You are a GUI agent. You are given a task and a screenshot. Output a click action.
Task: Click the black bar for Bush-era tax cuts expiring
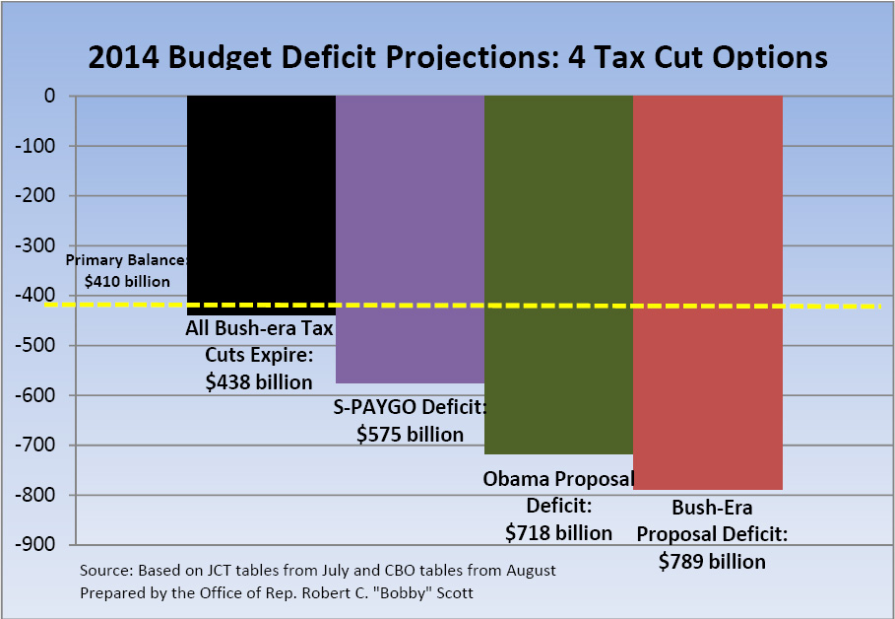point(261,197)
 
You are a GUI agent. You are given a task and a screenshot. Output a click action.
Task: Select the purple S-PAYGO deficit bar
point(410,237)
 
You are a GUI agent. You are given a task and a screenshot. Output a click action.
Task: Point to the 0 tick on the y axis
point(47,97)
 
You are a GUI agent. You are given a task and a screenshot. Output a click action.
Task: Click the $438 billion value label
point(259,382)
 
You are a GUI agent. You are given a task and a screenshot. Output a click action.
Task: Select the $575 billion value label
point(410,434)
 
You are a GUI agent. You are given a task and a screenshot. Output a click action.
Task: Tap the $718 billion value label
point(558,533)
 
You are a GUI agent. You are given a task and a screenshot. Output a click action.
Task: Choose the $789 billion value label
point(712,561)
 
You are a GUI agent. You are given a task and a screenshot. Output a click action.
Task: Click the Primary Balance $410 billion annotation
point(126,271)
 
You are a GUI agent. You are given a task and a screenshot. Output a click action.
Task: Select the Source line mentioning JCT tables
point(317,570)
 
